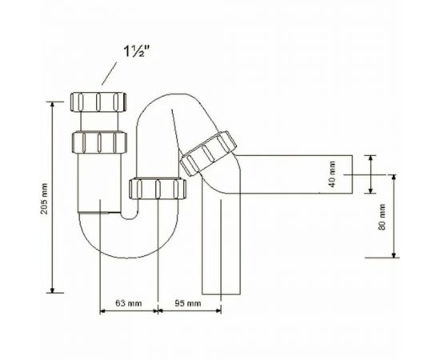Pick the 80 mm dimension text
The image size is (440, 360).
(x=382, y=215)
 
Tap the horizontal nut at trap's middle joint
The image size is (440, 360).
(x=158, y=189)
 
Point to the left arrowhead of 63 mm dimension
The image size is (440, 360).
(x=102, y=310)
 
